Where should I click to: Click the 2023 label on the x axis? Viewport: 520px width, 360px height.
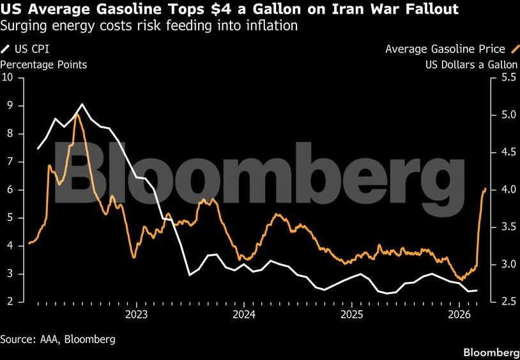136,315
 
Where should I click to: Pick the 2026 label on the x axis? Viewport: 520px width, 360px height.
459,315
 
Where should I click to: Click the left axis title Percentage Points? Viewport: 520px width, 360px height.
43,65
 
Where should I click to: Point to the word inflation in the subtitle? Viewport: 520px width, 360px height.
272,27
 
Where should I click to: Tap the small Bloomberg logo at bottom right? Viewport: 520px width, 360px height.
491,353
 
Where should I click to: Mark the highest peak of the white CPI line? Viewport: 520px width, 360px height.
82,104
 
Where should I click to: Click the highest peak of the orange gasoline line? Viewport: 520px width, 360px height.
77,114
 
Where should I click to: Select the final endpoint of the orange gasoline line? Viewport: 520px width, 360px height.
485,189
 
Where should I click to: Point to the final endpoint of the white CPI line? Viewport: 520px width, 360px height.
477,290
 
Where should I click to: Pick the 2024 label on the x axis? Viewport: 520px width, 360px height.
244,315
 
